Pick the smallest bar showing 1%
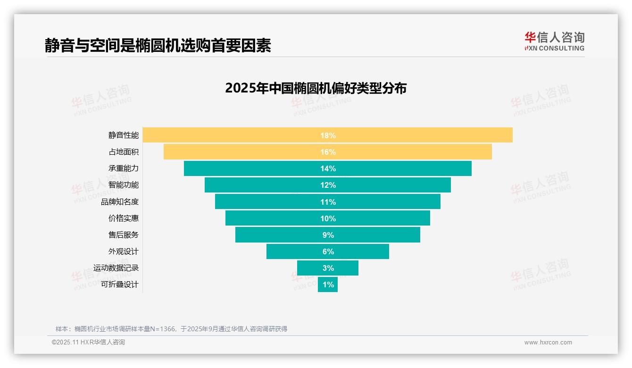328,284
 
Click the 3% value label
328,268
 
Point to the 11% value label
328,202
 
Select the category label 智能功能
124,185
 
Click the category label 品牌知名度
120,201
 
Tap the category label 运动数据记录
116,268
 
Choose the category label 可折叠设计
120,284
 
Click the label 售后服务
124,234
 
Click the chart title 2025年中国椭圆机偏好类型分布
316,88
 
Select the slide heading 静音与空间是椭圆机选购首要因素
158,45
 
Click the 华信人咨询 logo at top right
554,41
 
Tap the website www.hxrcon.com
548,343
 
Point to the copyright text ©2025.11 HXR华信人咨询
88,343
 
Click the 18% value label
328,135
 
